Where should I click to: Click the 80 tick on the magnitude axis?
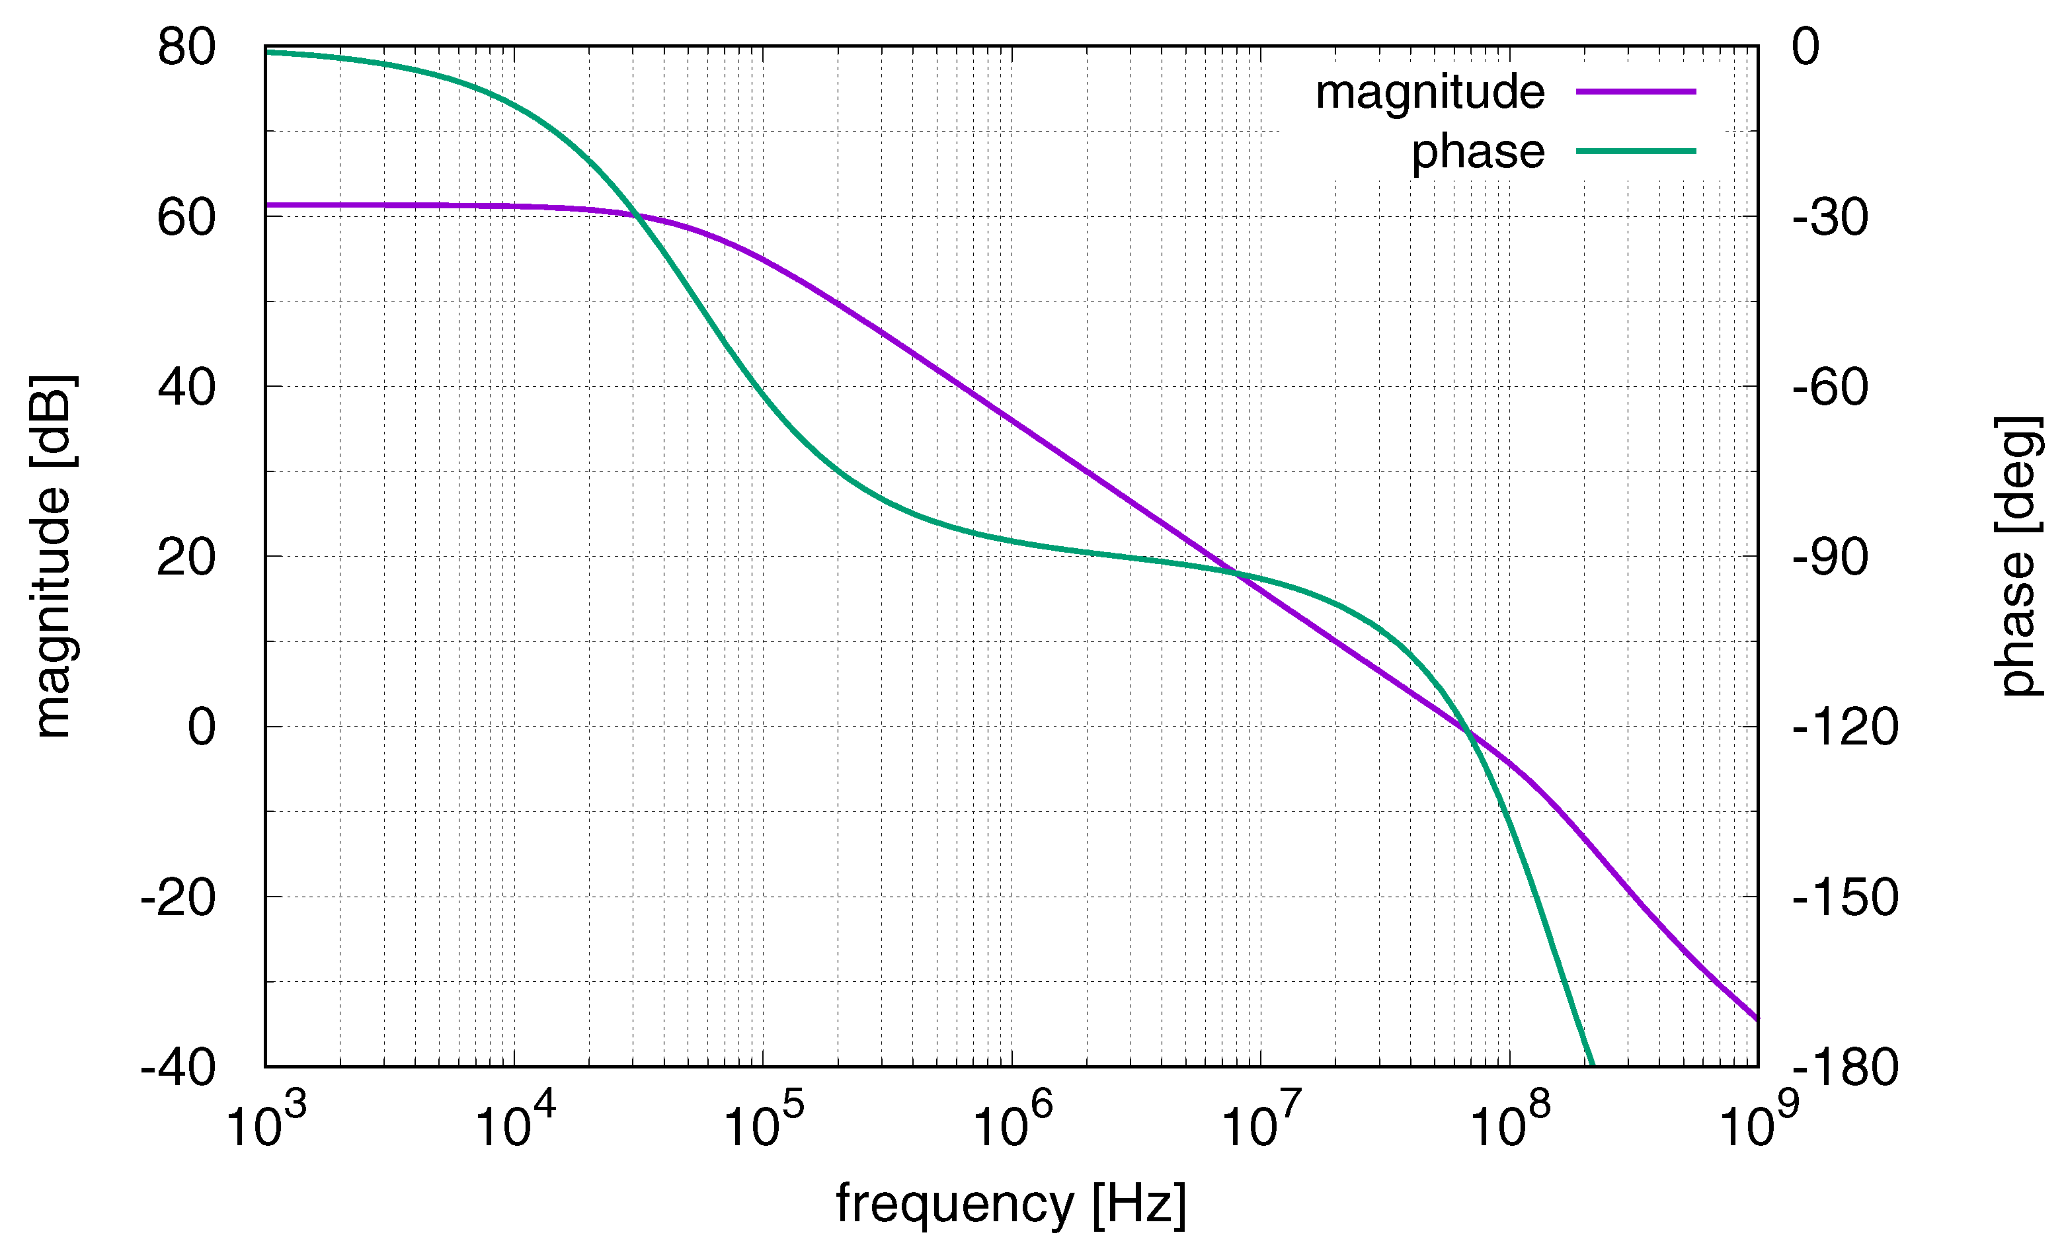(186, 47)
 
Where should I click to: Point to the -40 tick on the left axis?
(178, 1067)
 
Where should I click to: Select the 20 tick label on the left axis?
(186, 557)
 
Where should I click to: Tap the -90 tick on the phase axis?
(1829, 557)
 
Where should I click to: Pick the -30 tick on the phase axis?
(1829, 217)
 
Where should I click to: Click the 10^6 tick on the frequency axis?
(1012, 1125)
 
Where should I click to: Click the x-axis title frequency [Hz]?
(1011, 1204)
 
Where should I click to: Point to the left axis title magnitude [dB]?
(54, 557)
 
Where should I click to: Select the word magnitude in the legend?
(1429, 92)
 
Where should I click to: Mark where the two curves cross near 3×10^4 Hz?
(637, 216)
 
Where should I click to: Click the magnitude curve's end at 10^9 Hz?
(1757, 1019)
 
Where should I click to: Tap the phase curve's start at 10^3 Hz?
(267, 52)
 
